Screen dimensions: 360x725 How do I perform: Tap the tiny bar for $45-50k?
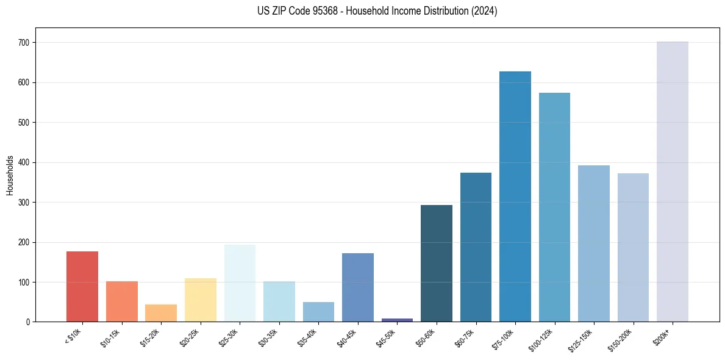point(397,320)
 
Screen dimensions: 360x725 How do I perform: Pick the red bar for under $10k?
point(82,287)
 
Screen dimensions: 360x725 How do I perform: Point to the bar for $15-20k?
point(161,313)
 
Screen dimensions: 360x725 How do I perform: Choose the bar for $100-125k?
point(554,207)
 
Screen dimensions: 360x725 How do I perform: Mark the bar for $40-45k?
point(358,287)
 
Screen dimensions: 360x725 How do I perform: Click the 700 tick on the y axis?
point(29,43)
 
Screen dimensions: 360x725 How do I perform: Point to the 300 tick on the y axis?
point(29,203)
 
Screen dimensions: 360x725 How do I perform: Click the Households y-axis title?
point(10,175)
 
